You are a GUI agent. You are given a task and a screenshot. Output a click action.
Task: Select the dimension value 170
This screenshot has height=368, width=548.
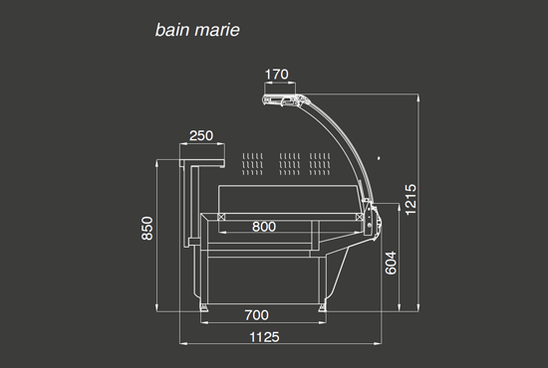(277, 75)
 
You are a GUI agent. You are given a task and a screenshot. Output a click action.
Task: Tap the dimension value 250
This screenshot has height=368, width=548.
(201, 135)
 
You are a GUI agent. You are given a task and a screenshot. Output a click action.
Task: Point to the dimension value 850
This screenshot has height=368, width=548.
(147, 229)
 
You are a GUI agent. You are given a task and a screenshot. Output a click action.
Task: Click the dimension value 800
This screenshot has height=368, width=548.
(264, 227)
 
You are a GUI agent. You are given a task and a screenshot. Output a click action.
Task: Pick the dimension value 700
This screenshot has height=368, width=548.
(257, 315)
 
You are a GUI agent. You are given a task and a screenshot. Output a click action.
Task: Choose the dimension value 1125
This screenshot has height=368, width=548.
(265, 337)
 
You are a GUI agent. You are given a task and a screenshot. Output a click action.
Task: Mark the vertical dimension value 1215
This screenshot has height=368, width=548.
(411, 200)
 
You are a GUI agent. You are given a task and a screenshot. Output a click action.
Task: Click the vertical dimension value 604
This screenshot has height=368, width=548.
(391, 263)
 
